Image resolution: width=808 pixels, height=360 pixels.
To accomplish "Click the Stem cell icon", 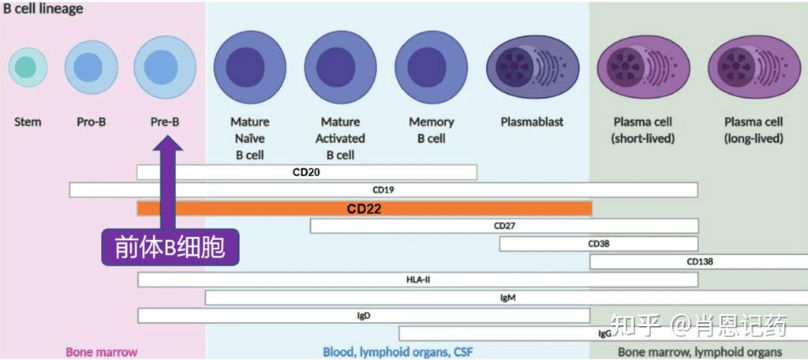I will pyautogui.click(x=28, y=68).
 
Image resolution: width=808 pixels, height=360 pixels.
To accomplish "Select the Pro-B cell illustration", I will pyautogui.click(x=91, y=68).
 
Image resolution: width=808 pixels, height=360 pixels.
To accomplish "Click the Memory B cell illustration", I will pyautogui.click(x=431, y=68).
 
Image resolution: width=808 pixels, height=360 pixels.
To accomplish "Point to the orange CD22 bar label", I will pyautogui.click(x=365, y=208).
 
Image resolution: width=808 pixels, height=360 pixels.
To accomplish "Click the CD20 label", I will pyautogui.click(x=306, y=172).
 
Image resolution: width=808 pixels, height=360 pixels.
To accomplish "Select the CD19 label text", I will pyautogui.click(x=383, y=190).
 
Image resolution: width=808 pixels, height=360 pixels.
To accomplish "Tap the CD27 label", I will pyautogui.click(x=504, y=226).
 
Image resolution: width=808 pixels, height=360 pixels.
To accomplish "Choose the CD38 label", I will pyautogui.click(x=598, y=244).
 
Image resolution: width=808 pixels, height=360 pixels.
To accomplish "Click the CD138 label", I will pyautogui.click(x=699, y=262).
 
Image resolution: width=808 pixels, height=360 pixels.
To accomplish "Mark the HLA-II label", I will pyautogui.click(x=418, y=279).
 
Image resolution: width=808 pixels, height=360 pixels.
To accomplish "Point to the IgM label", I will pyautogui.click(x=508, y=298).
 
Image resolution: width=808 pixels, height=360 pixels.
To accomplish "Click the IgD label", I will pyautogui.click(x=364, y=316).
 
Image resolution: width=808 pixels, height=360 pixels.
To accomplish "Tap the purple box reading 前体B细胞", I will pyautogui.click(x=170, y=248).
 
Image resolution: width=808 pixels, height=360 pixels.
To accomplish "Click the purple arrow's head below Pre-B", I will pyautogui.click(x=169, y=143).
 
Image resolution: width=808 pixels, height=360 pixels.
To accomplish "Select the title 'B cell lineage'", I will pyautogui.click(x=43, y=9).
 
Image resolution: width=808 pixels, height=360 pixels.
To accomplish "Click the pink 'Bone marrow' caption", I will pyautogui.click(x=101, y=351).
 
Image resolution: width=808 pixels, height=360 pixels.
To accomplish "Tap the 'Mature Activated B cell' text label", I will pyautogui.click(x=341, y=138).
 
